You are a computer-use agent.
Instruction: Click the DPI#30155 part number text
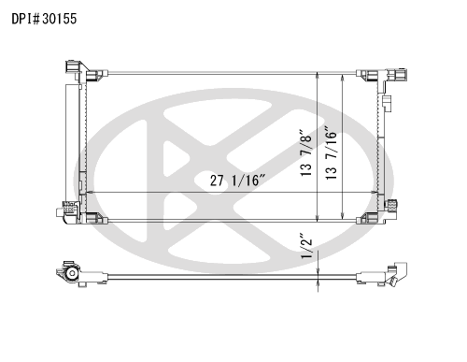click(x=44, y=19)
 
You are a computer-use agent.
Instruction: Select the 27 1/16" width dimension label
click(x=238, y=181)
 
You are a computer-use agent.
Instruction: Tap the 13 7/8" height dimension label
click(x=306, y=152)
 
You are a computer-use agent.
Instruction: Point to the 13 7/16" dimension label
click(x=332, y=152)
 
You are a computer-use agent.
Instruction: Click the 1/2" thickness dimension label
click(x=306, y=245)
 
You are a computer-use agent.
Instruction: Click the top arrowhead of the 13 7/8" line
click(x=318, y=76)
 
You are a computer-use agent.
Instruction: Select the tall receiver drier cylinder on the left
click(x=72, y=143)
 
